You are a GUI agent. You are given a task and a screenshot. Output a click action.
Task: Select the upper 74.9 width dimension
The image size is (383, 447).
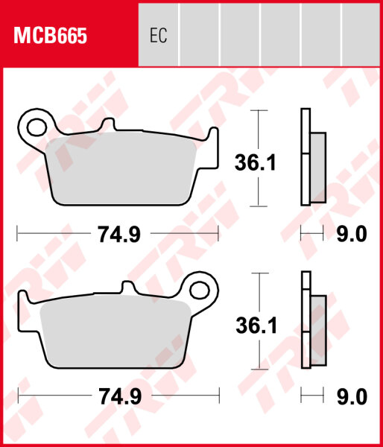click(x=118, y=235)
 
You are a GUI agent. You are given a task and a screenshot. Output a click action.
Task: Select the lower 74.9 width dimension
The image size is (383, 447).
click(x=118, y=397)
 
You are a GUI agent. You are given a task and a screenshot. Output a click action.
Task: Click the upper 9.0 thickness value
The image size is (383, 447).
click(x=351, y=235)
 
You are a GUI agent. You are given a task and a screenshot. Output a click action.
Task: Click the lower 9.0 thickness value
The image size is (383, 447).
click(x=351, y=397)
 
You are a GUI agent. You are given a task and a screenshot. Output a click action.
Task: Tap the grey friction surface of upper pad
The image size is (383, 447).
click(x=123, y=170)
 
